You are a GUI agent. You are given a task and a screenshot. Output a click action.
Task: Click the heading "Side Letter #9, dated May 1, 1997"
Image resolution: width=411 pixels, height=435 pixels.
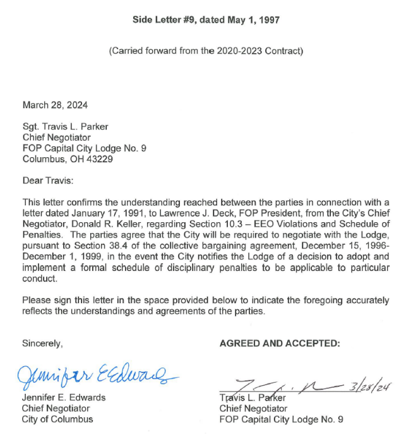tap(206, 20)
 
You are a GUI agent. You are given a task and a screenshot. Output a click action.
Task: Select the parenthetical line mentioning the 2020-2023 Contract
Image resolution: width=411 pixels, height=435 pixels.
tap(206, 51)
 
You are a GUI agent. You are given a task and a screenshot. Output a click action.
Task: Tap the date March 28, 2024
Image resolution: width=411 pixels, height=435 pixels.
tap(55, 105)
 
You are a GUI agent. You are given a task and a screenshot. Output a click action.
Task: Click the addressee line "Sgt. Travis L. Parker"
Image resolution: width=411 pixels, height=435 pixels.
tap(65, 126)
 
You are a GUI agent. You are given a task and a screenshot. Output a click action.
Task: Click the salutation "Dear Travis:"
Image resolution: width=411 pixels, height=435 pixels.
tap(48, 181)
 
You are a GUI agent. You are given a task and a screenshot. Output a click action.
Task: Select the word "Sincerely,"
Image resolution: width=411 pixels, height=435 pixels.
tap(42, 343)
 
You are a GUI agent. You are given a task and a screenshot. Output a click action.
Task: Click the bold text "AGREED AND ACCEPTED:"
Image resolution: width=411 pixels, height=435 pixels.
tap(280, 343)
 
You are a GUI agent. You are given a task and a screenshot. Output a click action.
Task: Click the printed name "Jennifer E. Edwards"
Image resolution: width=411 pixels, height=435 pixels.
tap(64, 398)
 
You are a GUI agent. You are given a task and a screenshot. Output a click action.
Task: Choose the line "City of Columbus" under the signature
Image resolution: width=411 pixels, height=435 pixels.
tap(57, 419)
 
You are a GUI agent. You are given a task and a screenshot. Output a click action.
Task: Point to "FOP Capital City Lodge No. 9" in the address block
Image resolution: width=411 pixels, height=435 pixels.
tap(85, 148)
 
